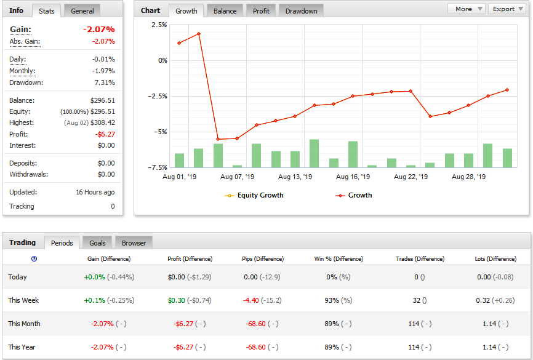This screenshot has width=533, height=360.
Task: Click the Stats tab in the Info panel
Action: pyautogui.click(x=47, y=11)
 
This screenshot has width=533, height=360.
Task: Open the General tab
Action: pyautogui.click(x=82, y=11)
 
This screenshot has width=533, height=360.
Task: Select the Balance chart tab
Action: pyautogui.click(x=225, y=11)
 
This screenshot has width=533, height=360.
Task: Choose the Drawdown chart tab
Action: pyautogui.click(x=301, y=11)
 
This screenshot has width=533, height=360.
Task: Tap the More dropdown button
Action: pyautogui.click(x=468, y=9)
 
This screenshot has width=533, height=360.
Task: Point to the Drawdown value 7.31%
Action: pyautogui.click(x=105, y=82)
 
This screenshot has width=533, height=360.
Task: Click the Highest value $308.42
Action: pyautogui.click(x=103, y=122)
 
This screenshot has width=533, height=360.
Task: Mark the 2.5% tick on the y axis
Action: pyautogui.click(x=159, y=25)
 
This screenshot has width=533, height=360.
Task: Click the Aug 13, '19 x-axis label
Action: pyautogui.click(x=295, y=177)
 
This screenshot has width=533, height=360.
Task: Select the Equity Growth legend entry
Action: pyautogui.click(x=254, y=196)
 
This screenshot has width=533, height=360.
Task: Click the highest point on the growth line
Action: pyautogui.click(x=199, y=34)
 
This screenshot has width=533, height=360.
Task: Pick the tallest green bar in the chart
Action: pyautogui.click(x=314, y=153)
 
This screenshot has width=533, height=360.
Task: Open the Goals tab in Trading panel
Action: pyautogui.click(x=97, y=242)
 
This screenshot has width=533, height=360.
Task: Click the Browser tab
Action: pyautogui.click(x=134, y=242)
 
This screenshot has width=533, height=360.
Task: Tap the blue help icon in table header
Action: pyautogui.click(x=34, y=259)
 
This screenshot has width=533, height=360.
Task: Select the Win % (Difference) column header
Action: pyautogui.click(x=339, y=259)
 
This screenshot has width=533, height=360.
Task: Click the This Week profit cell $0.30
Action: pyautogui.click(x=177, y=300)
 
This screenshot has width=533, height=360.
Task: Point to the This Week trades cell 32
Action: pyautogui.click(x=417, y=300)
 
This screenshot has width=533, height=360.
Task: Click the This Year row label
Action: pyautogui.click(x=22, y=347)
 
